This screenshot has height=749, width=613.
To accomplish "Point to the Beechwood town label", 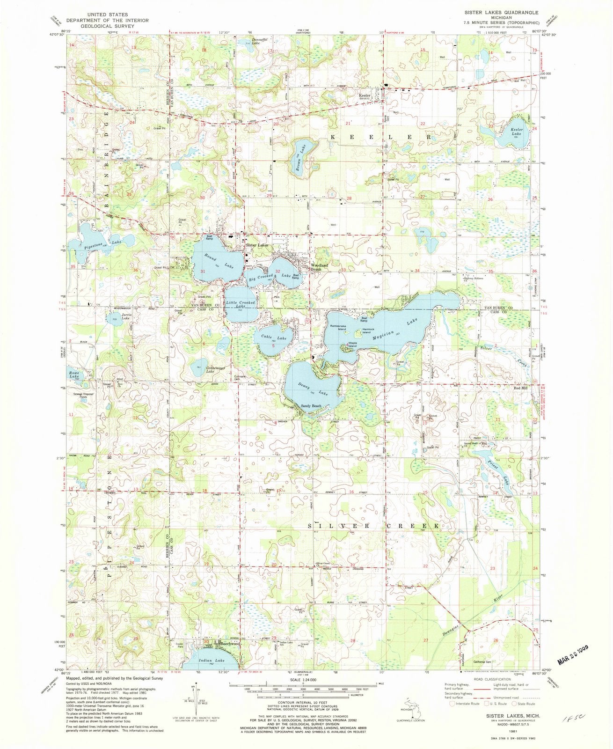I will click(229, 644).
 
